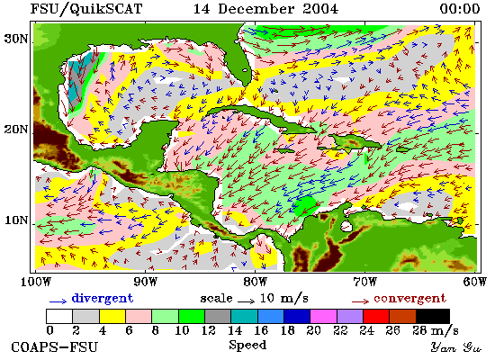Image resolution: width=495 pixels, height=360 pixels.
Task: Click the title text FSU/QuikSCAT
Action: (x=86, y=9)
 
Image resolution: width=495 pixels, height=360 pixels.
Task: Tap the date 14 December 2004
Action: (x=265, y=8)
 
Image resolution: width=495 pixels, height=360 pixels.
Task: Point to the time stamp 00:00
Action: (x=460, y=8)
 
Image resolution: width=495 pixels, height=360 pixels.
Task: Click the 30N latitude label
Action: (x=16, y=39)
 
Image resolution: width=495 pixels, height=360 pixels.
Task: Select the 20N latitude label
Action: (x=16, y=130)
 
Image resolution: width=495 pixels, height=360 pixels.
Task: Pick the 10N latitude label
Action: (x=16, y=220)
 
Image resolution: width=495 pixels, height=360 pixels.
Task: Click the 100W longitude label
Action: (x=36, y=282)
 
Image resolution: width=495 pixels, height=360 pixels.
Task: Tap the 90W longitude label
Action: (x=145, y=282)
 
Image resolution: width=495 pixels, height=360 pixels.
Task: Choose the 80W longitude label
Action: (x=255, y=282)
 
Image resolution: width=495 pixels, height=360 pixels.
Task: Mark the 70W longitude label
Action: (x=364, y=282)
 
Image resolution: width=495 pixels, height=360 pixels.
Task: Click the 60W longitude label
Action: (x=475, y=282)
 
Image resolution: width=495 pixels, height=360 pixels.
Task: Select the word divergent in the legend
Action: (x=103, y=299)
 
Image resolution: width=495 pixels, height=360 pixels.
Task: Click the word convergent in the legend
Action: (x=409, y=299)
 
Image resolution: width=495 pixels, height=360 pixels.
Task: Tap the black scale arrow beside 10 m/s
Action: (x=246, y=301)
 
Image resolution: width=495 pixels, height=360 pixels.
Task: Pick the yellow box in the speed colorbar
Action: (x=112, y=317)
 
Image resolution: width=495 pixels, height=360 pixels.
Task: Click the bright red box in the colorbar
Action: (x=376, y=317)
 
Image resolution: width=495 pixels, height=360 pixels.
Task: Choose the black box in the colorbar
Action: (x=433, y=317)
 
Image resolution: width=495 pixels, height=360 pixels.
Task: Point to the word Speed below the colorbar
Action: (x=247, y=346)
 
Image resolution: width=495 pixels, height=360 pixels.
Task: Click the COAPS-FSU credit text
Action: (x=54, y=347)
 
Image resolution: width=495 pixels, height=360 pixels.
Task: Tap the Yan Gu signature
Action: (x=456, y=347)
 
